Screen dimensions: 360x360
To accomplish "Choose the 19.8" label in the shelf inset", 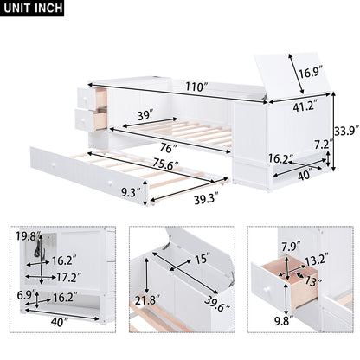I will point(26,235).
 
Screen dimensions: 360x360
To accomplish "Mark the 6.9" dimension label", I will point(26,296).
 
